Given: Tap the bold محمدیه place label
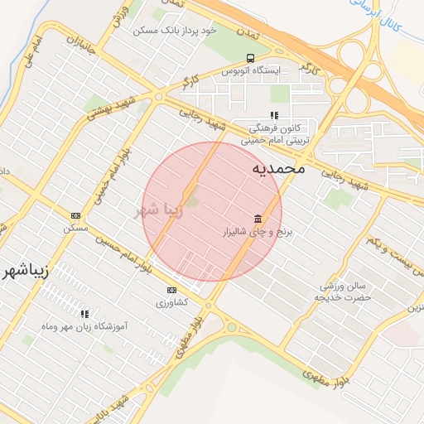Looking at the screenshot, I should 278,168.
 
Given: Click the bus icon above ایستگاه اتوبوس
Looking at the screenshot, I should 250,58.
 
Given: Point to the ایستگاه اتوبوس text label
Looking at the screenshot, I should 250,71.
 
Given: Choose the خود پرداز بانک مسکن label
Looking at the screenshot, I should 175,29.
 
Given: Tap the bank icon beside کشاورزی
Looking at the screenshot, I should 171,290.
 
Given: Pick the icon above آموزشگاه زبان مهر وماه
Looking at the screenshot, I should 84,314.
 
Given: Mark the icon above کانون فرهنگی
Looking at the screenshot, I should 274,116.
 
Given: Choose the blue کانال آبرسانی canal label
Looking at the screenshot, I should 397,19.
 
